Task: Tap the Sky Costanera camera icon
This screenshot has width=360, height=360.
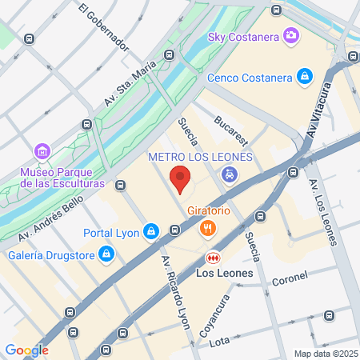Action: coord(289,35)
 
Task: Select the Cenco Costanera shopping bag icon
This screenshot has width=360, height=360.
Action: coord(304,77)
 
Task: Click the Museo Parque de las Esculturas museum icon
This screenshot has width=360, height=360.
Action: coord(42,151)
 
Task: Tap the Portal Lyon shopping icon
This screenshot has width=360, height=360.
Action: coord(150,233)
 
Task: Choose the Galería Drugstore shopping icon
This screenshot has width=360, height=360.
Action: coord(106,255)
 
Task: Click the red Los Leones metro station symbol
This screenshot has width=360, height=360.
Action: coord(213,257)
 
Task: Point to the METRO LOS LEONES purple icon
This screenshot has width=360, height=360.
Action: coord(229,174)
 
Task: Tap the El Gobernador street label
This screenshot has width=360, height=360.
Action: coord(104,27)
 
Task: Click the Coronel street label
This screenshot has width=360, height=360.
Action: coord(290,281)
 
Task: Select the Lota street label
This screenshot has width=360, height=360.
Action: coord(218,342)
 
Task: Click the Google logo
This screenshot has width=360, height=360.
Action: coord(26,350)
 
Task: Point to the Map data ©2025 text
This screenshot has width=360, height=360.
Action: coord(324,354)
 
